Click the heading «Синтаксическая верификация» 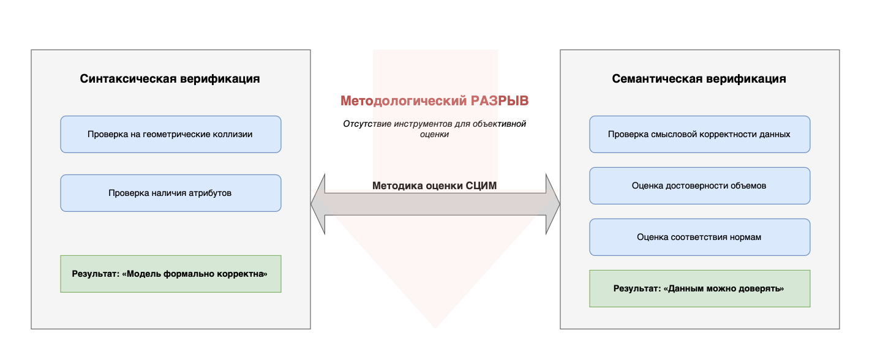click(170, 79)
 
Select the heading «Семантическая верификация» click(699, 79)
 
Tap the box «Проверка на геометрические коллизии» click(170, 134)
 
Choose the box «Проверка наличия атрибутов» click(170, 193)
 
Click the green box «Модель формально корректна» click(170, 274)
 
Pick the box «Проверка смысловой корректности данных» click(699, 134)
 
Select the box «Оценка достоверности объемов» click(699, 186)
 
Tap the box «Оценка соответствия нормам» click(699, 237)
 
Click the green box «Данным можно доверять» click(699, 288)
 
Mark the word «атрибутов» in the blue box click(211, 193)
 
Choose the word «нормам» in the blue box click(746, 237)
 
